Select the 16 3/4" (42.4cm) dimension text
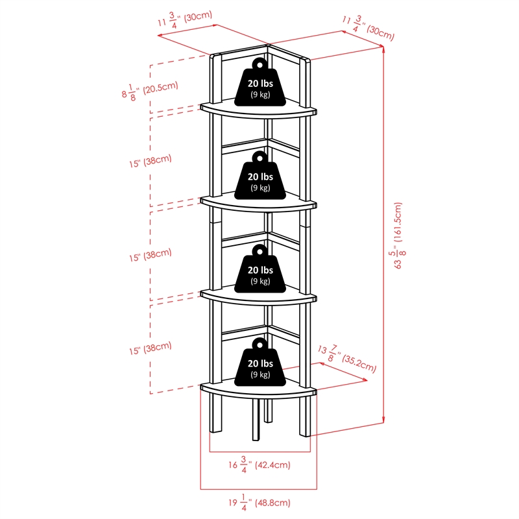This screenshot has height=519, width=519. pos(258,464)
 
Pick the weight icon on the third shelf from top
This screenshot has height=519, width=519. pos(259,269)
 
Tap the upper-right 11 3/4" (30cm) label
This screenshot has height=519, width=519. pos(368,27)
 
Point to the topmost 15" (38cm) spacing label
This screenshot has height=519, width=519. pos(150,161)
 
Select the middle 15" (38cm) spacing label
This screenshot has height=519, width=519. pos(150,255)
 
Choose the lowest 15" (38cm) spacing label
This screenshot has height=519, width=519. pos(150,349)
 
